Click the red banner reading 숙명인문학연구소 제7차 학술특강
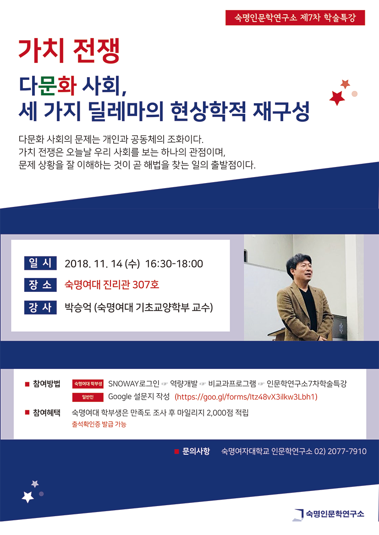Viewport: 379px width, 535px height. coord(295,18)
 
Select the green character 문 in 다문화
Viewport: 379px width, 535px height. coord(48,85)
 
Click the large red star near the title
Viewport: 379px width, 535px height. coord(337,98)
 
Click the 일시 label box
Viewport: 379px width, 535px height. coord(40,263)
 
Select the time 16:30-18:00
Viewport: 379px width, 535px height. coord(174,264)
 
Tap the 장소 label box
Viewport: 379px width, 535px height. coord(40,285)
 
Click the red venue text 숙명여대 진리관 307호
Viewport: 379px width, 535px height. coord(112,284)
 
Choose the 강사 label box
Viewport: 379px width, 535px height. coord(40,307)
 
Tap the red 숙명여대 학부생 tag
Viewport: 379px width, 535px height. coord(88,384)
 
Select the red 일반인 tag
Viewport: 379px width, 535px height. coord(88,397)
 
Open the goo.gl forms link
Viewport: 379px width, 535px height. coord(246,397)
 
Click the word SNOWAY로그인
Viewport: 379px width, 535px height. coord(134,384)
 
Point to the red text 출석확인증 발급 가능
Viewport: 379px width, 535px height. coord(99,424)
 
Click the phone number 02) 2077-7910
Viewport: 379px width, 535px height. coord(341,451)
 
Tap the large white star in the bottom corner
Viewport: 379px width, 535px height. coord(28,497)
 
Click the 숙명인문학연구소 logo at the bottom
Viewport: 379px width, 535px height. coord(329,514)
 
